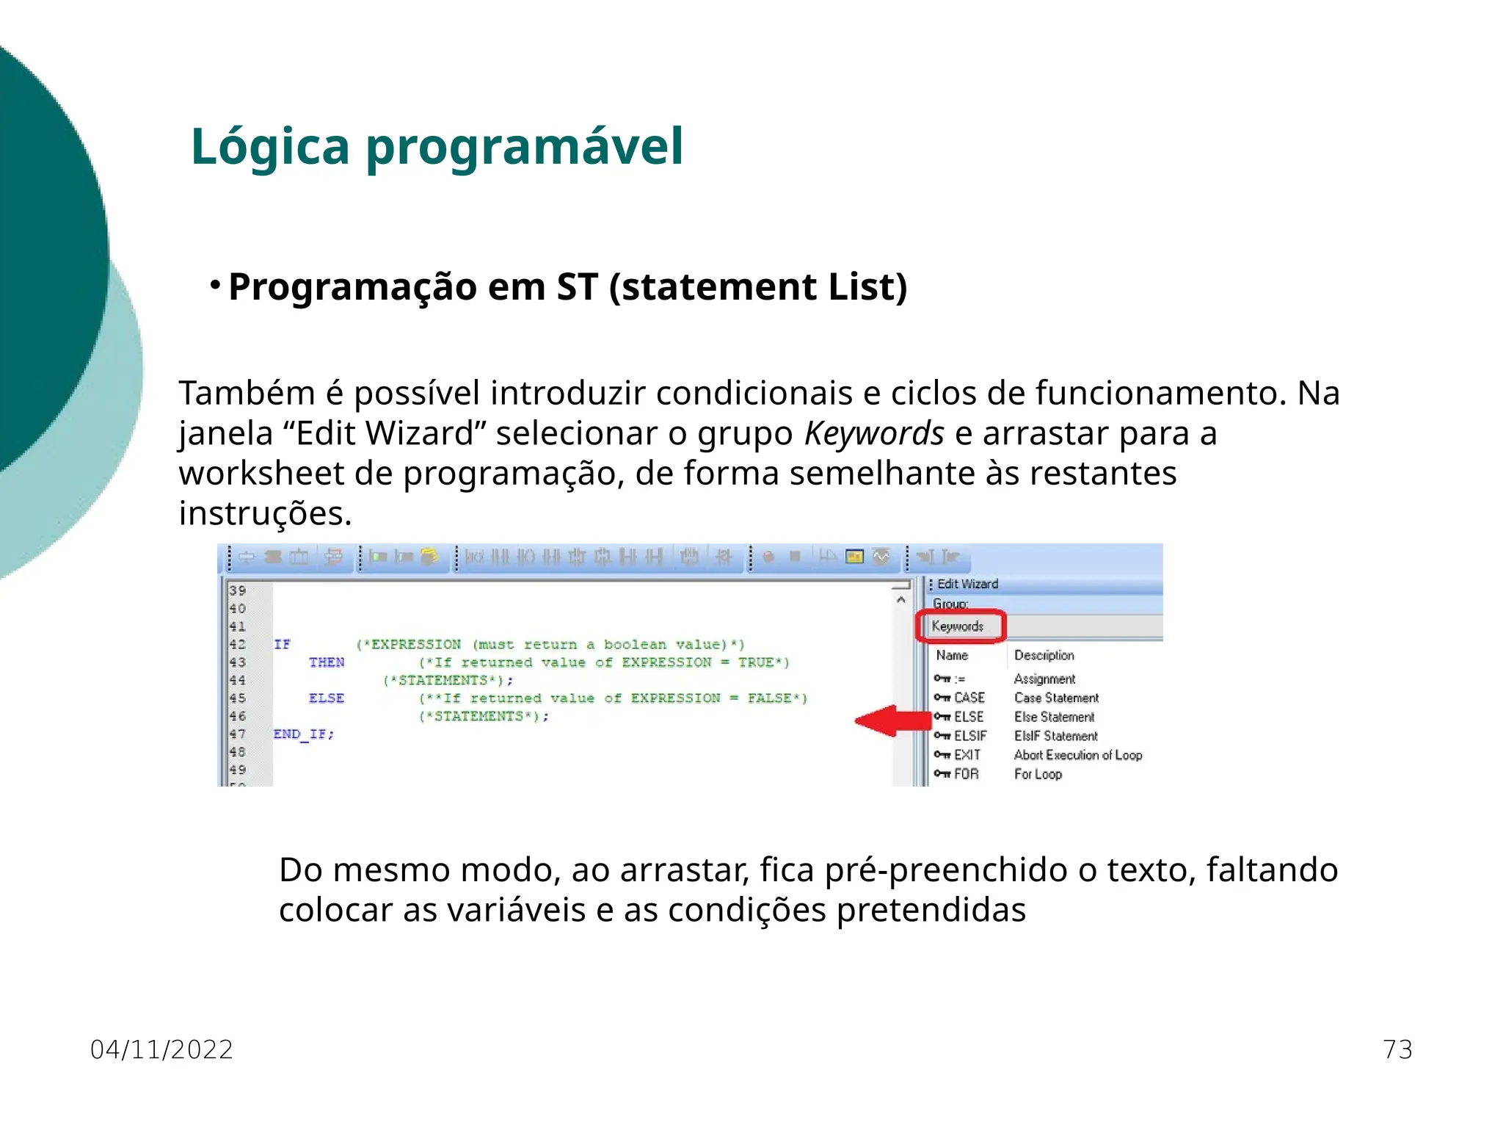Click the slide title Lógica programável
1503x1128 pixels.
(x=437, y=147)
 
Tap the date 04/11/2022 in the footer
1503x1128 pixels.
(x=161, y=1049)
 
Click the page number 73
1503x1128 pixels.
(x=1397, y=1049)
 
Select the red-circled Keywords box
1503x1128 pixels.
(x=959, y=626)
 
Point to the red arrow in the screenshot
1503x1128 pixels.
(x=892, y=720)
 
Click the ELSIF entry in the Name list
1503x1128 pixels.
(x=969, y=736)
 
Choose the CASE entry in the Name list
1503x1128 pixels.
(x=969, y=698)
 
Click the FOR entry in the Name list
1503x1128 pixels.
(x=966, y=774)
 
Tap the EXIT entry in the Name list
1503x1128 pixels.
(x=967, y=755)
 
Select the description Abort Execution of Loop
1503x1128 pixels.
(x=1077, y=755)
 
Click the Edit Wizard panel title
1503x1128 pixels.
(x=967, y=584)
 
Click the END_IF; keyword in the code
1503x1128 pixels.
(x=303, y=734)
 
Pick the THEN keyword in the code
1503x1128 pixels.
(x=327, y=662)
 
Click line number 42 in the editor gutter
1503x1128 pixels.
(x=238, y=645)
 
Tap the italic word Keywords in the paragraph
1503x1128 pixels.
(x=874, y=433)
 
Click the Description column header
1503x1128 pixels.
(x=1044, y=655)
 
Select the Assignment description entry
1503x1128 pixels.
(x=1044, y=679)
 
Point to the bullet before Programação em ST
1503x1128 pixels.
(x=215, y=285)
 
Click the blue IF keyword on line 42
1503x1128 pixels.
(x=282, y=645)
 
